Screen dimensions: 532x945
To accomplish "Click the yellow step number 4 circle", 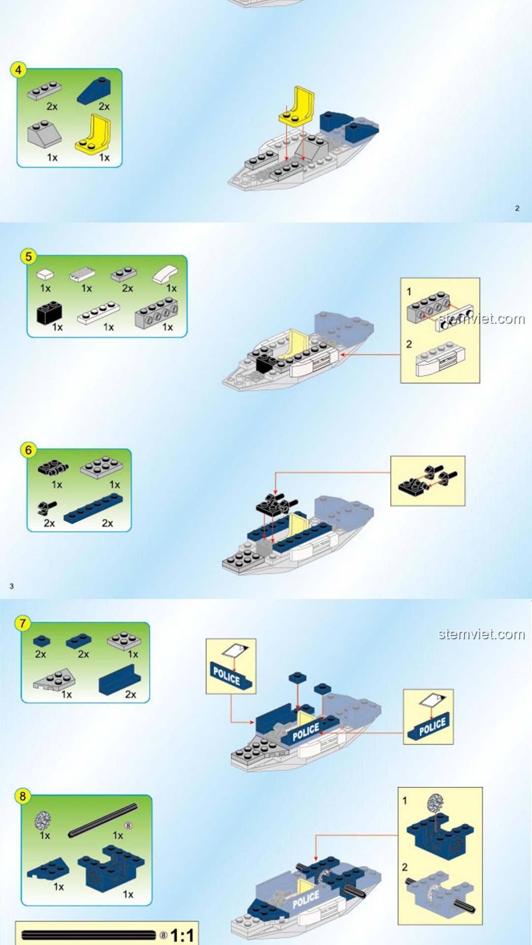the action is point(18,70).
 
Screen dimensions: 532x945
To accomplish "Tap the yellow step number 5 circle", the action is point(28,256).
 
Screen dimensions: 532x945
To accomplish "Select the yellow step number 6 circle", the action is point(29,450).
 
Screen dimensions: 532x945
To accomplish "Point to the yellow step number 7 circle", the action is point(22,624).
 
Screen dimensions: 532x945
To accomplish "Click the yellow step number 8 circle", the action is point(22,796).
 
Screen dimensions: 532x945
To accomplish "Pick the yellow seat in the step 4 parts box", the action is point(94,135).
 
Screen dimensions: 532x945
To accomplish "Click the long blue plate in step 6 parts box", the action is point(94,508).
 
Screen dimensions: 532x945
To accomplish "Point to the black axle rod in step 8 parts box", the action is point(103,820).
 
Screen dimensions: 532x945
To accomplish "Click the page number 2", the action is point(517,208).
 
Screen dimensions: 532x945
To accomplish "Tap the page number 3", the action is point(11,586).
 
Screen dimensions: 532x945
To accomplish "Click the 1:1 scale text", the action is point(182,935).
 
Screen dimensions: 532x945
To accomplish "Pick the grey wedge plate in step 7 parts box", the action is point(55,680).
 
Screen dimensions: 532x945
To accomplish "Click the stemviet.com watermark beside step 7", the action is point(481,634).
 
